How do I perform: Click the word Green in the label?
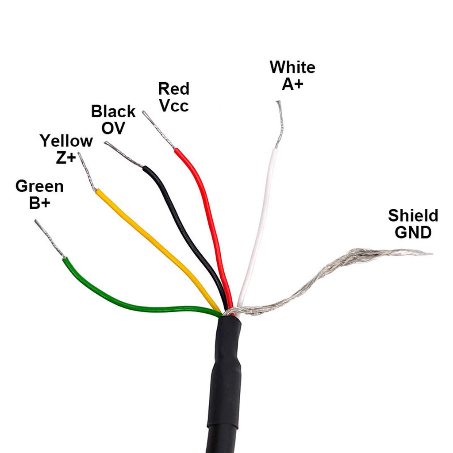(39, 187)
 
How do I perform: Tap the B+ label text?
(39, 203)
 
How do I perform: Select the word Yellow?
(66, 141)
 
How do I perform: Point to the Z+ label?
(66, 157)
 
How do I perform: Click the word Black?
(113, 111)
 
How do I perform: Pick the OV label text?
(113, 128)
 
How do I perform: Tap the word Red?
(174, 89)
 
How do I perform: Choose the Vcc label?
(174, 106)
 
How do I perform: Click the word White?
(292, 67)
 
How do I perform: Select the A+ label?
(292, 84)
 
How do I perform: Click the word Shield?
(413, 216)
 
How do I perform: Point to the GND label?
(413, 232)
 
